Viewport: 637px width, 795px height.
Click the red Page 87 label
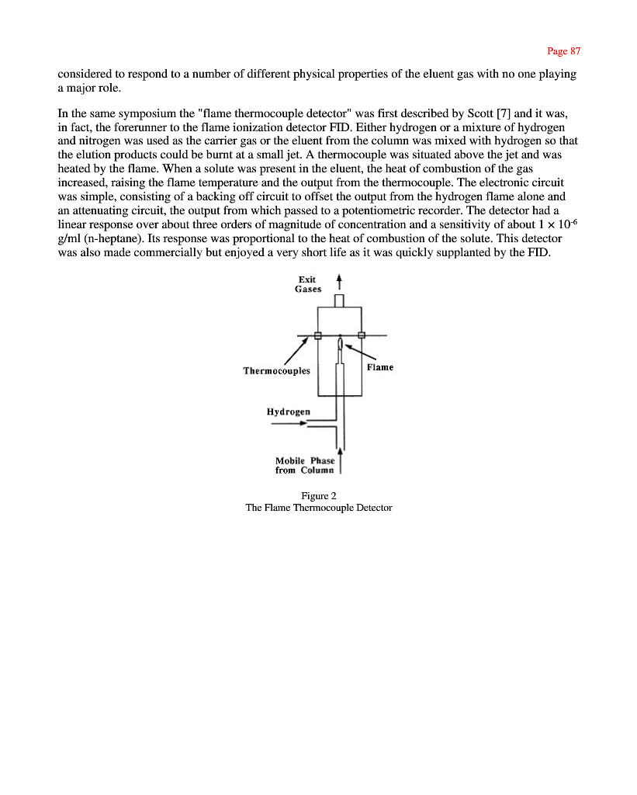(563, 51)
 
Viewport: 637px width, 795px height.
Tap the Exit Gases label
(308, 284)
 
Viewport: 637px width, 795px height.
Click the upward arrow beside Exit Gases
(338, 281)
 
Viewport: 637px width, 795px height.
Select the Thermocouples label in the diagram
(276, 371)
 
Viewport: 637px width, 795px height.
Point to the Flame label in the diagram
(380, 367)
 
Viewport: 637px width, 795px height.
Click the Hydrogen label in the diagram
(288, 411)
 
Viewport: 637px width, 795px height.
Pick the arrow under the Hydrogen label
(288, 423)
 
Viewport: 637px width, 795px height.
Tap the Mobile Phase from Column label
(304, 465)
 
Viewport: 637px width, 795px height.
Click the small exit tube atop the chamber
(339, 300)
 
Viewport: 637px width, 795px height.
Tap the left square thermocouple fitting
(317, 335)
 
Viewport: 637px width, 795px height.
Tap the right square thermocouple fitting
(362, 335)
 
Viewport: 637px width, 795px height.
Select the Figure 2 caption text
(318, 496)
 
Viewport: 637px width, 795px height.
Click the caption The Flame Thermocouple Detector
(318, 508)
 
